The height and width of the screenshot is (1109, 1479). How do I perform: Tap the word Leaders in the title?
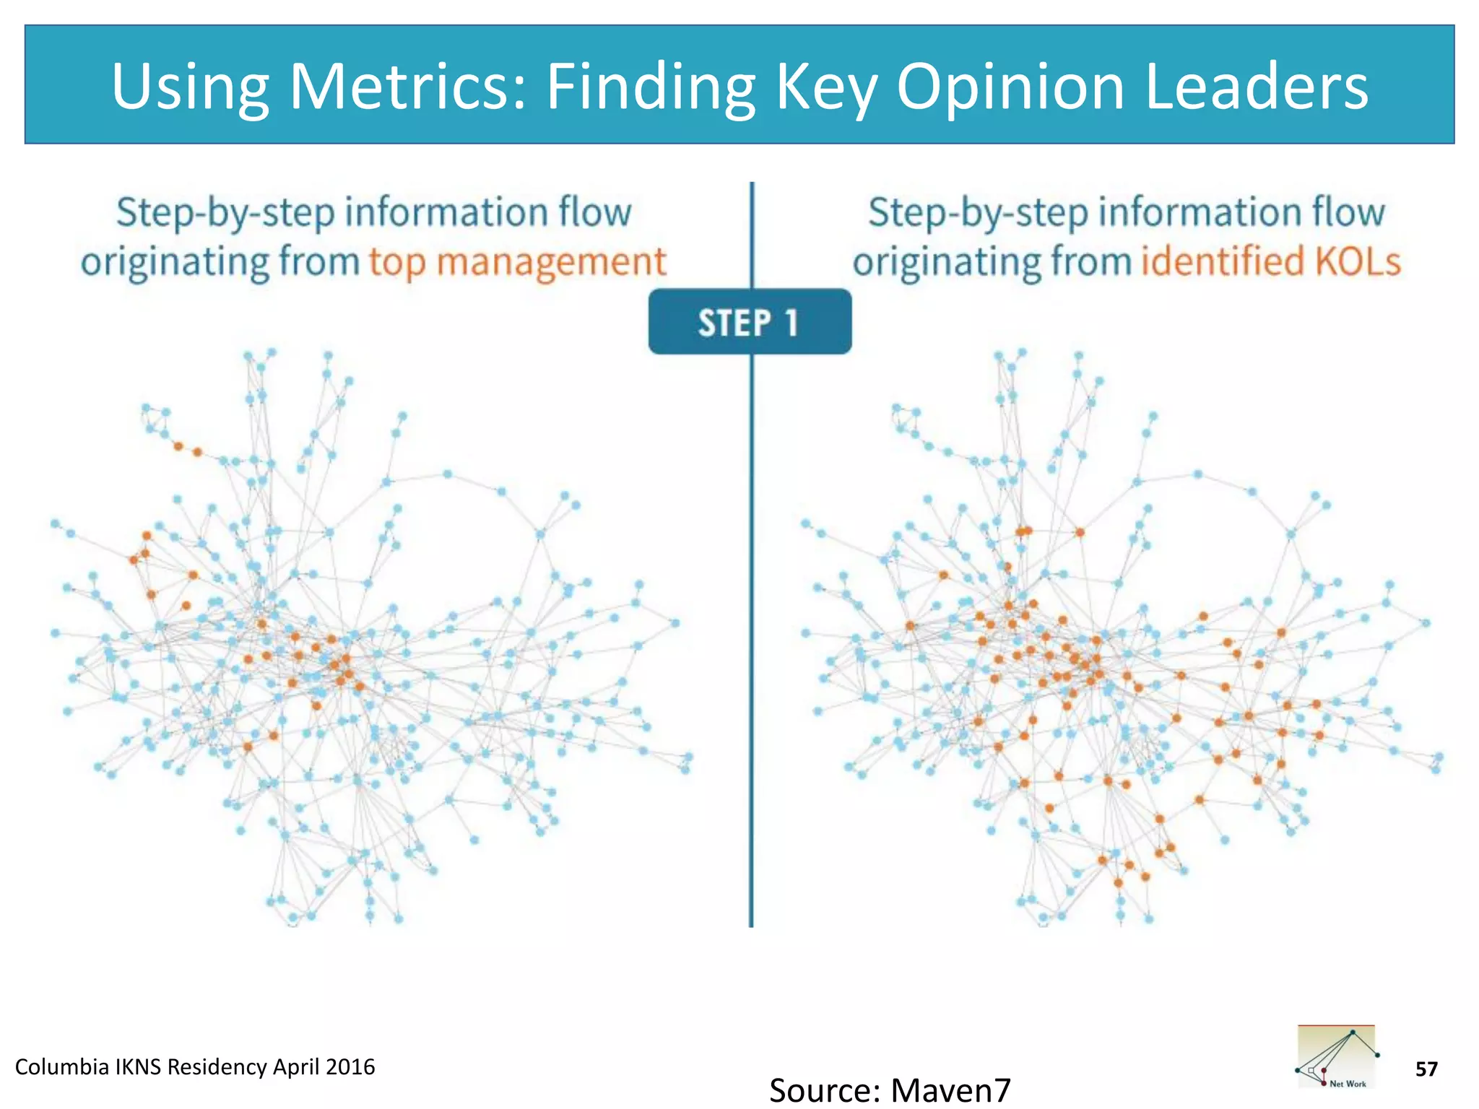click(x=1256, y=87)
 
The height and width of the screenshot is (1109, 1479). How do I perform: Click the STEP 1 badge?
click(x=750, y=322)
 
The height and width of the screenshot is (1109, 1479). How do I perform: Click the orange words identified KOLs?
click(x=1270, y=261)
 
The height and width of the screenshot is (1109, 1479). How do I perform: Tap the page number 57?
click(x=1426, y=1069)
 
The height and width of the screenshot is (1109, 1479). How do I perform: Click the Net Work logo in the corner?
click(x=1336, y=1056)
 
